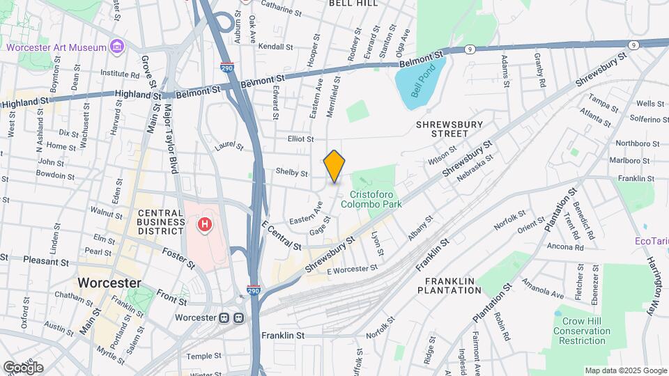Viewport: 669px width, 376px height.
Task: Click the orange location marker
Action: tap(334, 166)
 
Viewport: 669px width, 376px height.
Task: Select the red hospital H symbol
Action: tap(205, 225)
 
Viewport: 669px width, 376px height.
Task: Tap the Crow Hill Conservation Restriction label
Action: tap(582, 331)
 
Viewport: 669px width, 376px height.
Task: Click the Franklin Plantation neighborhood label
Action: tap(450, 286)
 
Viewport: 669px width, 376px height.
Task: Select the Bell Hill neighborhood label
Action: tap(353, 3)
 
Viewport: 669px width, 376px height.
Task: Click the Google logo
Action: tap(23, 368)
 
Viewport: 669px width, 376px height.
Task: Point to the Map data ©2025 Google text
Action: tap(625, 370)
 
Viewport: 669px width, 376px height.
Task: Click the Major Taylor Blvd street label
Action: tap(169, 140)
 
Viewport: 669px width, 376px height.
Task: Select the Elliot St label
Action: tap(301, 139)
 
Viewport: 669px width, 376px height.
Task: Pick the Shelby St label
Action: tap(292, 173)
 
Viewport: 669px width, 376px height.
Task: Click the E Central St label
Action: tap(282, 237)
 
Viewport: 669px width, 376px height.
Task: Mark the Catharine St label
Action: tap(281, 12)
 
